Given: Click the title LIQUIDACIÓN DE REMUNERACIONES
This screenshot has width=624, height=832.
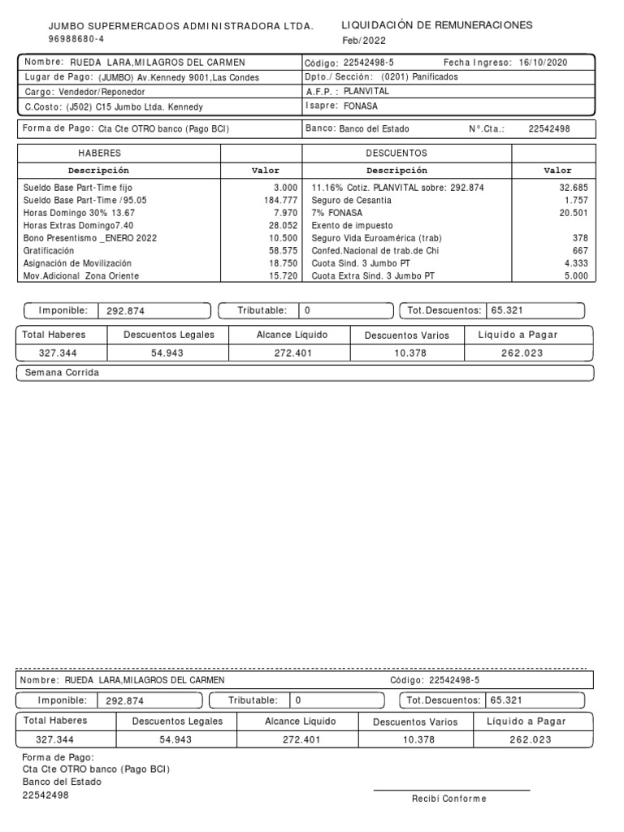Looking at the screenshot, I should click(x=436, y=25).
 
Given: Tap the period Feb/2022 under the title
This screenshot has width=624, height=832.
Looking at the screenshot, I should click(x=364, y=41).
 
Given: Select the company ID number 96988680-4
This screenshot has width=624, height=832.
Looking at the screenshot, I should click(x=76, y=39).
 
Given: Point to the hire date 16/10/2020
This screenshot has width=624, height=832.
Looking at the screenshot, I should click(x=543, y=63).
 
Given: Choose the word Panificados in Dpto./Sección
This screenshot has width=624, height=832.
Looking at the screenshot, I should click(x=435, y=77).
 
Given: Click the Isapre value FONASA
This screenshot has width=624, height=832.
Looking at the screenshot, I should click(x=361, y=106).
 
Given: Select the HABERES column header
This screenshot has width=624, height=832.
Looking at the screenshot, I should click(x=99, y=153).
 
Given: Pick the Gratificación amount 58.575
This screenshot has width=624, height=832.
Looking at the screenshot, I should click(x=283, y=251).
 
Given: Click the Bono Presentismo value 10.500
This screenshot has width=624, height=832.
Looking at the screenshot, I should click(x=283, y=238).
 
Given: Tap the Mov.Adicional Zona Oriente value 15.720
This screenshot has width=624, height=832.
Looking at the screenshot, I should click(x=283, y=276).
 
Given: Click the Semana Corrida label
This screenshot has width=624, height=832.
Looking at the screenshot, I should click(x=61, y=372).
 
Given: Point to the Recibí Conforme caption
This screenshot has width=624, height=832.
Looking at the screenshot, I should click(x=448, y=799).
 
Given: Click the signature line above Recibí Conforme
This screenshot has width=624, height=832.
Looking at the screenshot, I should click(x=451, y=790).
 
